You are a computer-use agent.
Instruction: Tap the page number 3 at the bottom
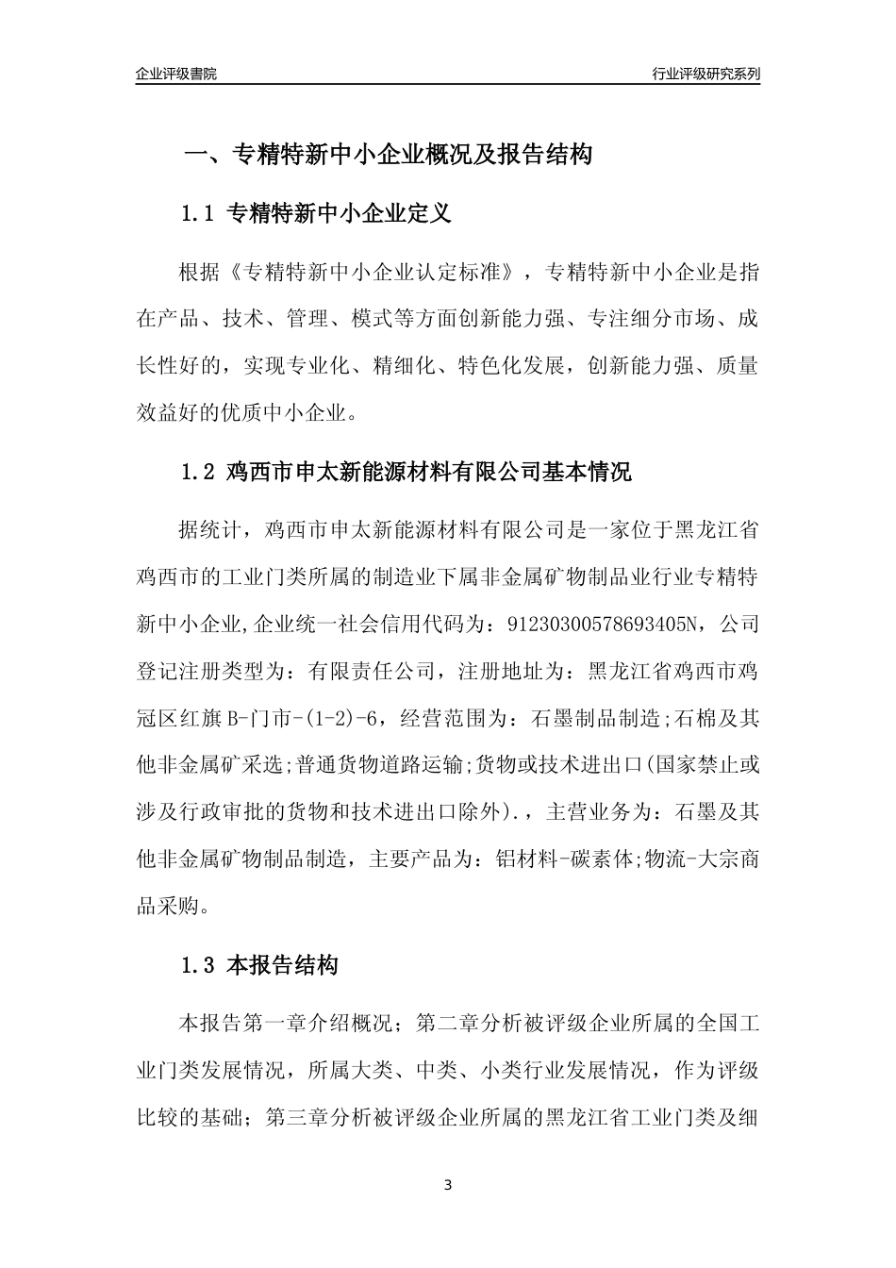click(x=448, y=1185)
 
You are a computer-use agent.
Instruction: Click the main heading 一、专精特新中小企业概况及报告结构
click(x=387, y=155)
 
